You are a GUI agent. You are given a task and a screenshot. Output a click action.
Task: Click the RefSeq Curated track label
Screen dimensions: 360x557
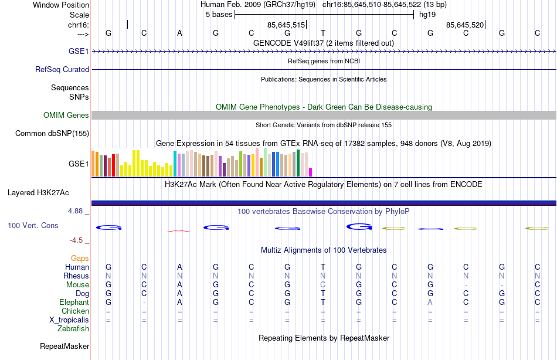click(x=62, y=69)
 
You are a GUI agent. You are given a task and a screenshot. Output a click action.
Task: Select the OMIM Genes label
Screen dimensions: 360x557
click(x=66, y=115)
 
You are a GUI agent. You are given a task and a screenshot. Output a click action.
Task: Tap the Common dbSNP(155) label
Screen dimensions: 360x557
click(x=52, y=133)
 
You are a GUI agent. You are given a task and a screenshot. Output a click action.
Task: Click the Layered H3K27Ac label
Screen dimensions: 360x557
click(x=38, y=192)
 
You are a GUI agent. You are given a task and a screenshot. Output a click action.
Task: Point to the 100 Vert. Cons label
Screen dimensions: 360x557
click(x=33, y=225)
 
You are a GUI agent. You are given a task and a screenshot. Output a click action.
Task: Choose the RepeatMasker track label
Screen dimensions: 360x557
click(x=64, y=347)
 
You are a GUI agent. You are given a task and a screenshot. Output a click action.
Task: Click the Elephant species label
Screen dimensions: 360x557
click(x=74, y=302)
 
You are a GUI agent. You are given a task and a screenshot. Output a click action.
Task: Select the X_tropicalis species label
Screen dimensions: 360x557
click(x=69, y=320)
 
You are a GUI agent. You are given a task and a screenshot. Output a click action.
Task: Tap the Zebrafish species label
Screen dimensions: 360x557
click(x=73, y=328)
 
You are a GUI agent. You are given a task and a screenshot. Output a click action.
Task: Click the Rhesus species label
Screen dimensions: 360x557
click(x=76, y=276)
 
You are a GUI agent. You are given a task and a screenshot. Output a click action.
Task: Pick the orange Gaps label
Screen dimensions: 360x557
click(x=80, y=258)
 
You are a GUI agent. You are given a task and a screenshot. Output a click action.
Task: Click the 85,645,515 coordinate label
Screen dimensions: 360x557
click(x=286, y=25)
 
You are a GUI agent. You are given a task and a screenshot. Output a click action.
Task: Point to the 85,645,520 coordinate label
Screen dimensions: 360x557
click(x=464, y=25)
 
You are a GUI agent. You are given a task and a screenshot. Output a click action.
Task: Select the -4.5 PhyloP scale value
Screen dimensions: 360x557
click(x=79, y=240)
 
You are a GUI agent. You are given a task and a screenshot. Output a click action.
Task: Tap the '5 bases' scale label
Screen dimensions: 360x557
click(x=218, y=15)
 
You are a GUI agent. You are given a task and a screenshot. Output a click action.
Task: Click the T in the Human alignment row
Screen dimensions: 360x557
click(x=322, y=267)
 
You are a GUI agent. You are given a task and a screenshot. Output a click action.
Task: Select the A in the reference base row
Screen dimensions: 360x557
click(x=179, y=33)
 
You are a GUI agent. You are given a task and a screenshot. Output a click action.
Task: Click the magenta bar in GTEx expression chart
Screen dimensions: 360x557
click(x=311, y=172)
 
